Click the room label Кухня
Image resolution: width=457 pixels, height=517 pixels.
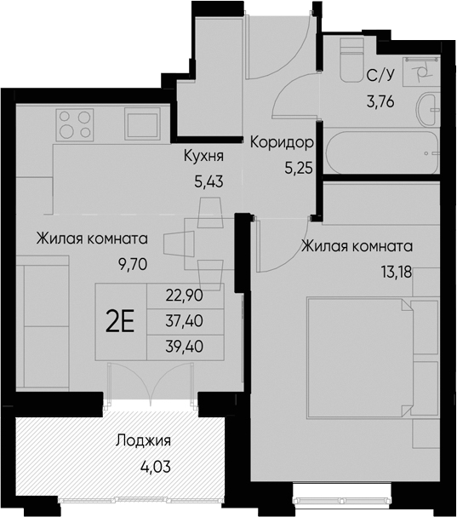coord(204,158)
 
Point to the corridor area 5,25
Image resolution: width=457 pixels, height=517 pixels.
coord(299,167)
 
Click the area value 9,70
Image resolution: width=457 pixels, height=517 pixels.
coord(134,263)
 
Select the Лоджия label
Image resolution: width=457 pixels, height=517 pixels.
coord(144,441)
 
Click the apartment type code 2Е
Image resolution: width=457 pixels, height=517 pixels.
coord(120,321)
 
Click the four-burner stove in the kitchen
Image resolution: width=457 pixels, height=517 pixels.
coord(75,124)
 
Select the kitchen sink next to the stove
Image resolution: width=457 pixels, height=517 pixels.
coord(143,124)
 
